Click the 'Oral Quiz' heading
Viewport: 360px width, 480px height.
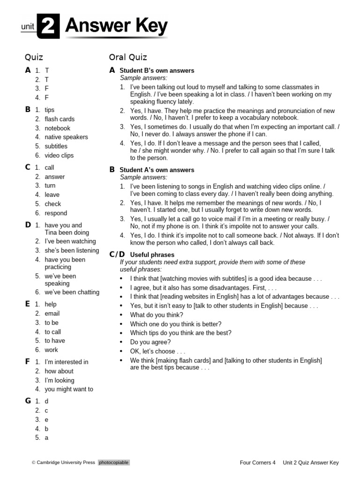(128, 57)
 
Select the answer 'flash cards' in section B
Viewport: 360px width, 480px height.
(60, 119)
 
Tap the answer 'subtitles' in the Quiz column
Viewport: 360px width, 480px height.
(56, 146)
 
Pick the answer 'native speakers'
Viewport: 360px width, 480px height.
(66, 137)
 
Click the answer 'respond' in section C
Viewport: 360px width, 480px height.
(56, 213)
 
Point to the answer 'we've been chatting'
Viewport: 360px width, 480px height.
(72, 292)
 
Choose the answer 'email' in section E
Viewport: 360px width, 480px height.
(52, 314)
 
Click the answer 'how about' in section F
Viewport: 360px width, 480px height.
(59, 371)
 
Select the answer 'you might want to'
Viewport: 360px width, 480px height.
(69, 390)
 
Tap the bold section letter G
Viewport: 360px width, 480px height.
(28, 401)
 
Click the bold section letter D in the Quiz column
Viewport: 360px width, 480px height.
(28, 225)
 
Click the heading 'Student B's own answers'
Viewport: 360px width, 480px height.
(157, 71)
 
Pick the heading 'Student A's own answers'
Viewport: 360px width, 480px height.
(157, 170)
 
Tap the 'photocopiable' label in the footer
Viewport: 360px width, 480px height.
(113, 463)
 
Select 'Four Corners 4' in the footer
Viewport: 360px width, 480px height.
(257, 463)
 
